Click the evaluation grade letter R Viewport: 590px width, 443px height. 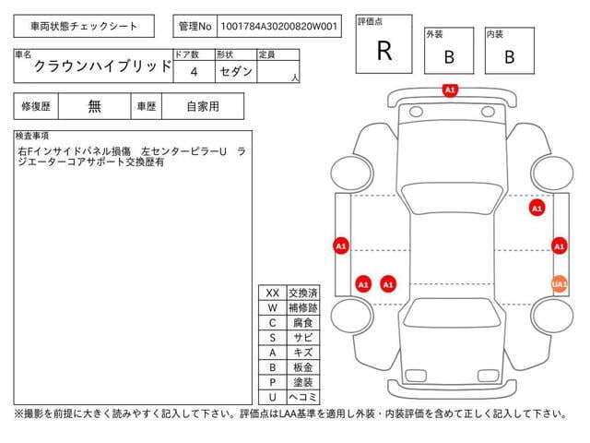pos(384,51)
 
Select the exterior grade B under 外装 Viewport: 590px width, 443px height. pos(449,56)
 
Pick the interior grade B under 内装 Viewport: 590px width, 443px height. pos(509,56)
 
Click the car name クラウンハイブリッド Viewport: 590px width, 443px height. pos(101,67)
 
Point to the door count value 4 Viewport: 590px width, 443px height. pos(195,71)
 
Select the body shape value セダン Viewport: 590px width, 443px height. pos(235,71)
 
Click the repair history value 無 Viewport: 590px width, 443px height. pos(95,106)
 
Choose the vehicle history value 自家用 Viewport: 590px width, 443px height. pos(203,106)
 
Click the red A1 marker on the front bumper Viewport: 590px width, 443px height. pos(450,90)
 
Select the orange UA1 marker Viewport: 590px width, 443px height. pos(559,284)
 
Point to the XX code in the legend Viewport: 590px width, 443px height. pos(272,293)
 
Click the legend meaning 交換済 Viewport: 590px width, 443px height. pos(303,293)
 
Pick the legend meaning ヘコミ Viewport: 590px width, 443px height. pos(303,397)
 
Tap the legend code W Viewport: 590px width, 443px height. pos(272,307)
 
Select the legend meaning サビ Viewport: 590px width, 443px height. pos(303,338)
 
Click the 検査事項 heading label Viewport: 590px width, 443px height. pos(33,136)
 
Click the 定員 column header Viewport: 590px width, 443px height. pos(267,54)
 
